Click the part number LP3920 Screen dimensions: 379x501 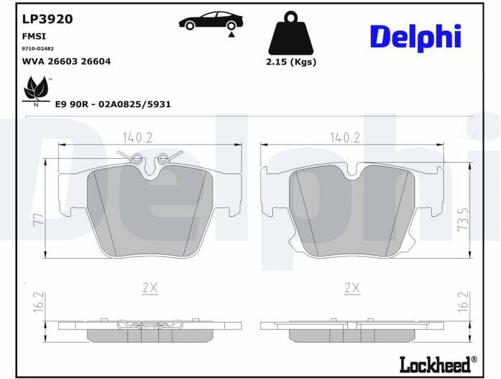47,19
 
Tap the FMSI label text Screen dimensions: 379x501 34,36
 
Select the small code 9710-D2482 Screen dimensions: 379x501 38,49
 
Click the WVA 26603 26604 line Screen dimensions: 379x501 66,61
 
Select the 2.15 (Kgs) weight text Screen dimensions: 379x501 291,62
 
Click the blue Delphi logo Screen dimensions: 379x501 415,36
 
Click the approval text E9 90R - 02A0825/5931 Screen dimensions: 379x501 113,104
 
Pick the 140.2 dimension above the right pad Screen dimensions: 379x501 345,137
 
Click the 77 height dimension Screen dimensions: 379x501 38,218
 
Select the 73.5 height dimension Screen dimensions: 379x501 463,218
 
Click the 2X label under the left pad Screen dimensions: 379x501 150,288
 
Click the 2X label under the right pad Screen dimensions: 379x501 352,288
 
